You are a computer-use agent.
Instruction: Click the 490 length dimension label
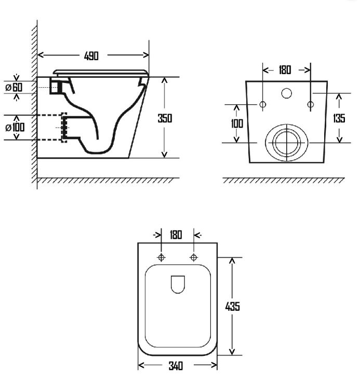tap(91, 56)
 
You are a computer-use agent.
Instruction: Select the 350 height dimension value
tap(165, 118)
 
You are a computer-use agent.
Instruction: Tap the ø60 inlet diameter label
tap(14, 87)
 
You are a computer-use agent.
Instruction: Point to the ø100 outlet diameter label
tap(15, 127)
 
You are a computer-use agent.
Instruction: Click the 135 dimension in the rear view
tap(339, 118)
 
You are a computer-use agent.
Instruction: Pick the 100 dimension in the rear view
tap(237, 123)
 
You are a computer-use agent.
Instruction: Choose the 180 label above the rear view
tap(285, 70)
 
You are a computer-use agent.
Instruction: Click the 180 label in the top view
tap(176, 235)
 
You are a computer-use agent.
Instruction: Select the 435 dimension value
tap(233, 307)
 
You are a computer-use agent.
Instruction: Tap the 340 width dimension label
tap(176, 366)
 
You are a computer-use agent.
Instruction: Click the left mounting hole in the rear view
tap(263, 105)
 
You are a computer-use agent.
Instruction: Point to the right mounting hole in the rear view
tap(311, 105)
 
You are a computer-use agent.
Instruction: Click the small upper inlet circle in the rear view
tap(287, 93)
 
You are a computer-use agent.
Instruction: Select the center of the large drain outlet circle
tap(287, 143)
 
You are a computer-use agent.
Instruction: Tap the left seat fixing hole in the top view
tap(162, 257)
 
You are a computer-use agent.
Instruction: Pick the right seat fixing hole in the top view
tap(194, 257)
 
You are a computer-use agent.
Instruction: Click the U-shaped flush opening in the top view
tap(178, 293)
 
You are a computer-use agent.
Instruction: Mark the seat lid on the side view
tap(101, 73)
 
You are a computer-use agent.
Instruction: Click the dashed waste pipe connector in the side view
tap(64, 127)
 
